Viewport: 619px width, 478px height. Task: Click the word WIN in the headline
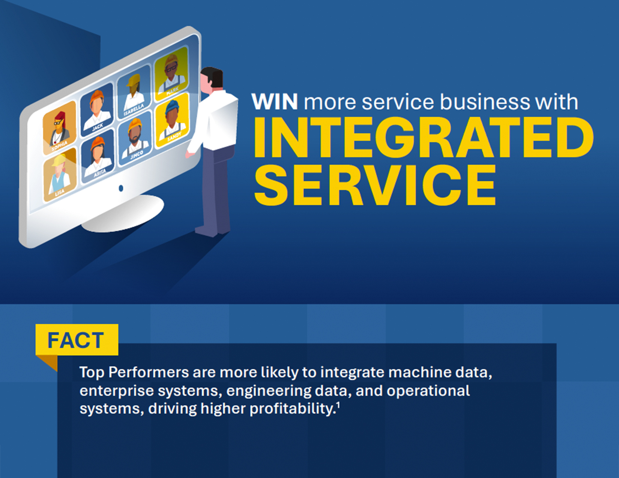coord(275,101)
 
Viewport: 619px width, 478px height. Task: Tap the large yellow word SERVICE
coord(375,185)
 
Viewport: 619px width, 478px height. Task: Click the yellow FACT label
coord(77,339)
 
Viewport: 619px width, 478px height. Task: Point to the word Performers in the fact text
coord(149,372)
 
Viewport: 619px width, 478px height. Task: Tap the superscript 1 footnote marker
coord(338,404)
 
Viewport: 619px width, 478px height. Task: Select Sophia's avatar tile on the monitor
coord(60,128)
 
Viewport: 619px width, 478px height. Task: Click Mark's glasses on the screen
coord(171,69)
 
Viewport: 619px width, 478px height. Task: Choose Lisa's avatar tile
coord(60,175)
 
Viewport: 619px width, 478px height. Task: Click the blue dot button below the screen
coord(121,188)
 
